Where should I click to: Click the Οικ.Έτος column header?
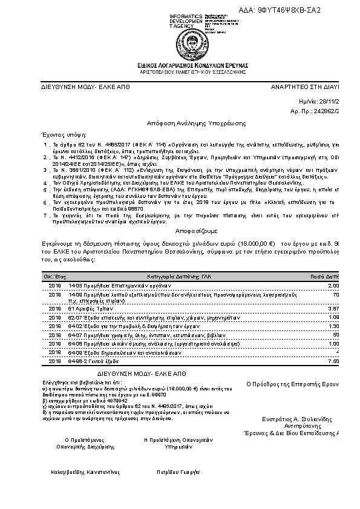coord(50,275)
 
